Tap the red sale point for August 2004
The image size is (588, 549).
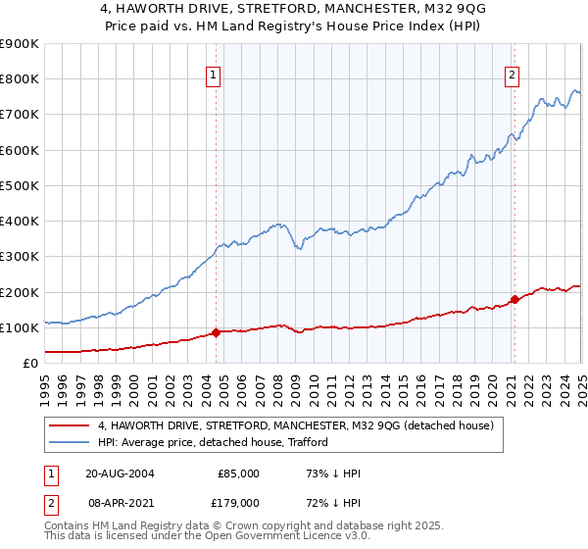(216, 332)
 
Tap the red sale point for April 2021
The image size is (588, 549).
(514, 299)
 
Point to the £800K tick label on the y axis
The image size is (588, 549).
(20, 79)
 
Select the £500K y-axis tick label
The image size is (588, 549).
(20, 185)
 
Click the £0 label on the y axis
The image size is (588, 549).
(29, 363)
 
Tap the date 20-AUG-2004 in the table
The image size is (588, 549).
(120, 473)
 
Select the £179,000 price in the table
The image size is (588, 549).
(238, 502)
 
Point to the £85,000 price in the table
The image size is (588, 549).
(238, 473)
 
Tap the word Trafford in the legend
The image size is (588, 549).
(306, 443)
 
